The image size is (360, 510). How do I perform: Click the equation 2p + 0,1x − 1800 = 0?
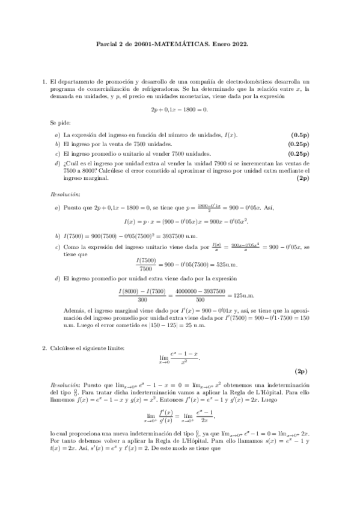(x=180, y=109)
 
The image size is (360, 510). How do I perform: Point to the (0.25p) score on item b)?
(x=297, y=144)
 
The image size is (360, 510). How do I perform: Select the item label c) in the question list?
(x=58, y=153)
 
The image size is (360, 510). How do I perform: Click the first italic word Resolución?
(x=65, y=194)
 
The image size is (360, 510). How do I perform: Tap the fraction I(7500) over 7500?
(x=146, y=264)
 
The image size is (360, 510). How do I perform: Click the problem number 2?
(x=43, y=348)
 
